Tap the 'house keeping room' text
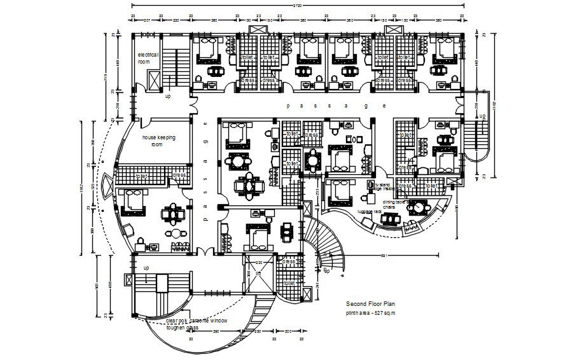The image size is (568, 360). point(158,141)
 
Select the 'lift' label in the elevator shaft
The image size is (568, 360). point(258,273)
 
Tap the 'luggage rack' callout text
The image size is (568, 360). point(370,211)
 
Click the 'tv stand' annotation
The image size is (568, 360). point(384,184)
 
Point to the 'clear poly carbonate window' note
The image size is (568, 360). point(197,321)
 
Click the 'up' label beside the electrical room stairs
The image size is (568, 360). point(168,97)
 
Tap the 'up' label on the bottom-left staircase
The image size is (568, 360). point(146,268)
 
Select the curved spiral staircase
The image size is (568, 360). point(324,245)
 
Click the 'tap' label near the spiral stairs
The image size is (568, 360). point(326,271)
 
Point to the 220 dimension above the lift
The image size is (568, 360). point(259,262)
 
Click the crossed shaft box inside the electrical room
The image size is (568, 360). point(155,81)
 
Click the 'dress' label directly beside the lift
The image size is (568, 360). point(289,261)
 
